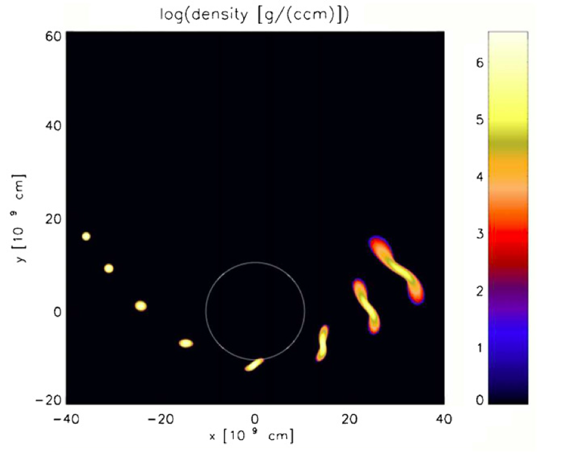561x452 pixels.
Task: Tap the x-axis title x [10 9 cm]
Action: [252, 436]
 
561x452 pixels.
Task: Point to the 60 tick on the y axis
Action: [53, 36]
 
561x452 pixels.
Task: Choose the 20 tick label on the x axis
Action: [349, 419]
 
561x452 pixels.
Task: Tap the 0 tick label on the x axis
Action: [255, 419]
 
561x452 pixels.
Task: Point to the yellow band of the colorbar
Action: [508, 122]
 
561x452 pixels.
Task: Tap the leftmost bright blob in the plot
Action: [86, 236]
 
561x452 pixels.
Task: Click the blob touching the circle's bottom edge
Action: [254, 364]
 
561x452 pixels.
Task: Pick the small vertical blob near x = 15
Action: [323, 343]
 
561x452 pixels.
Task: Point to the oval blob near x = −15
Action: [186, 343]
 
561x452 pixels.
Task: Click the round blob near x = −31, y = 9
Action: [109, 268]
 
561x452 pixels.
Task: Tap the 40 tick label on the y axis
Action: [53, 126]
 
